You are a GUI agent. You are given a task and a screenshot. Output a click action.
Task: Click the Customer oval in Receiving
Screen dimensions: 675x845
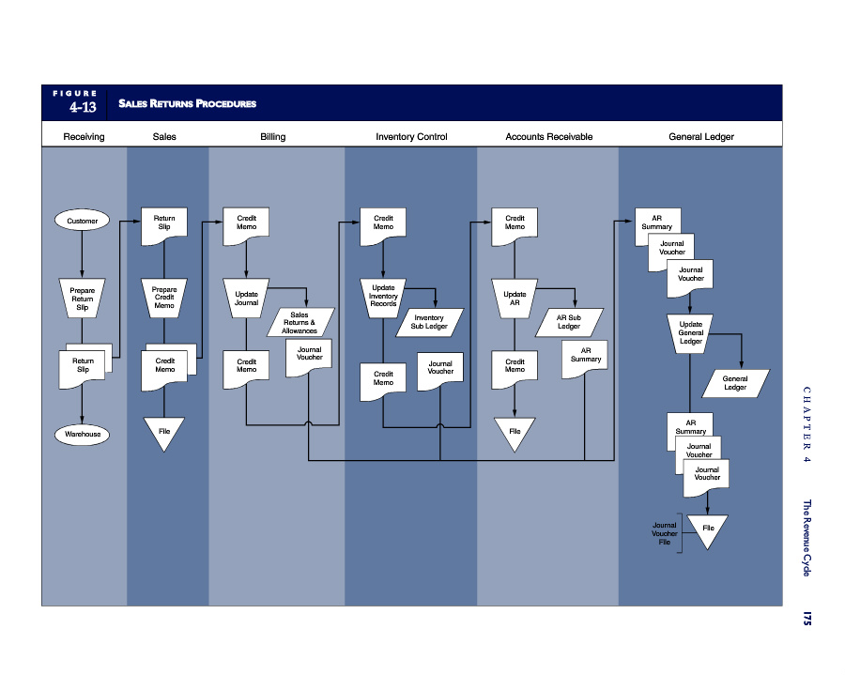pos(82,222)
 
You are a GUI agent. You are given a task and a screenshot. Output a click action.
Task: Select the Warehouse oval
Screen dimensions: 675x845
pos(82,435)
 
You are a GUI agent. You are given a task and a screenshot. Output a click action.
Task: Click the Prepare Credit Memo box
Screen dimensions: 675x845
pos(164,298)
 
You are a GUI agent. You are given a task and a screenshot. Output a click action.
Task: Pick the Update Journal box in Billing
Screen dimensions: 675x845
pos(246,298)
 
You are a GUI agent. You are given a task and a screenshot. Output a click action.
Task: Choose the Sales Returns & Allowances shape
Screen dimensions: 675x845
pos(300,323)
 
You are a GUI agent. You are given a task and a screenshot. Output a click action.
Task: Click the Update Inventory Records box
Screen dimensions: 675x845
pos(383,297)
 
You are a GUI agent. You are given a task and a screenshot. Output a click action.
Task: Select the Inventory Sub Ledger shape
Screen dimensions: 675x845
pos(429,322)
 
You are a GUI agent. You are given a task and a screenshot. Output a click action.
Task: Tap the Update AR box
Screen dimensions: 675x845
pos(515,298)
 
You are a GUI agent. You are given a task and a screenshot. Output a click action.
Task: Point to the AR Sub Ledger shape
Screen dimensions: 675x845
pos(569,322)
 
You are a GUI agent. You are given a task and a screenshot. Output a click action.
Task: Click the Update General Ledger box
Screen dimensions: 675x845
pos(691,332)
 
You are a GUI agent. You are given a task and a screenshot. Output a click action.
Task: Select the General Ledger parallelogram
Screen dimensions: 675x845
pos(735,382)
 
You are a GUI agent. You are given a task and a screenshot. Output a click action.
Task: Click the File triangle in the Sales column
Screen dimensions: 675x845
pos(164,431)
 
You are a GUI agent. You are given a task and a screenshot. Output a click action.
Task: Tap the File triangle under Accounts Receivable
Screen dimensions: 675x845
pos(515,431)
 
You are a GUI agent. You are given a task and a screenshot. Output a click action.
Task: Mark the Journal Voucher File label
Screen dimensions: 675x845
pos(665,533)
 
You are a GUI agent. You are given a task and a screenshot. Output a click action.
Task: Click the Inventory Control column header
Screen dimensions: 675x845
pos(411,137)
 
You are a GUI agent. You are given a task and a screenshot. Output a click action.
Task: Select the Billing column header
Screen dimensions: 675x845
pos(273,137)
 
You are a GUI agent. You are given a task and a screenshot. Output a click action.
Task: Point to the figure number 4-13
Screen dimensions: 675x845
pos(83,108)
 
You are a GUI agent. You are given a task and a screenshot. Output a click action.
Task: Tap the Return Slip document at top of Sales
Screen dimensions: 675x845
pos(164,222)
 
